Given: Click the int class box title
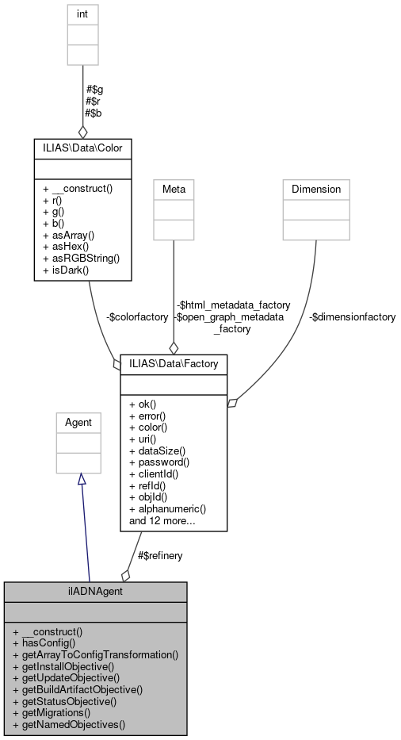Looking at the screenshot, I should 82,13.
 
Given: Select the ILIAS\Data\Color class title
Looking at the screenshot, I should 82,148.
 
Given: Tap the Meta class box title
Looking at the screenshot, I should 173,189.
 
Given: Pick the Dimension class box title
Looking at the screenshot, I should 315,189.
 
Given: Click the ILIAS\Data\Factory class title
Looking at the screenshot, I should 174,363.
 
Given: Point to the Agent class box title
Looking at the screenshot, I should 78,423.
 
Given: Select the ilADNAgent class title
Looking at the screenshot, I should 95,591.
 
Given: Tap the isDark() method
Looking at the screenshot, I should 67,269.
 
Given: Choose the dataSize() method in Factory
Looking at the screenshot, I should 158,450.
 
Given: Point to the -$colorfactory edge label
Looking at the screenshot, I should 137,316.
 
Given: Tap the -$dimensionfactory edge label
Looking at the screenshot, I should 353,316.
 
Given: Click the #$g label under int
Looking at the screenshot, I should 94,90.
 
